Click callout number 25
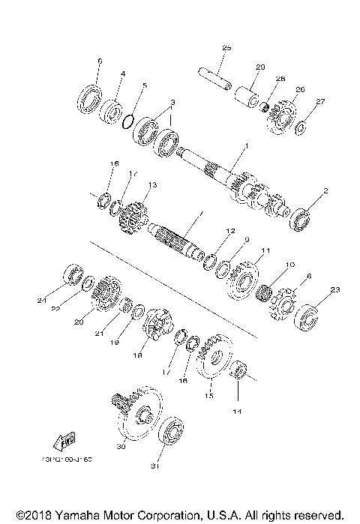tap(226, 48)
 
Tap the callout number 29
tap(261, 67)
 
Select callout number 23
tap(335, 289)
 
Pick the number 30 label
tap(120, 447)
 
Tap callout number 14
tap(239, 412)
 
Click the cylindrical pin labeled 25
tap(214, 76)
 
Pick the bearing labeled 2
tap(301, 218)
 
